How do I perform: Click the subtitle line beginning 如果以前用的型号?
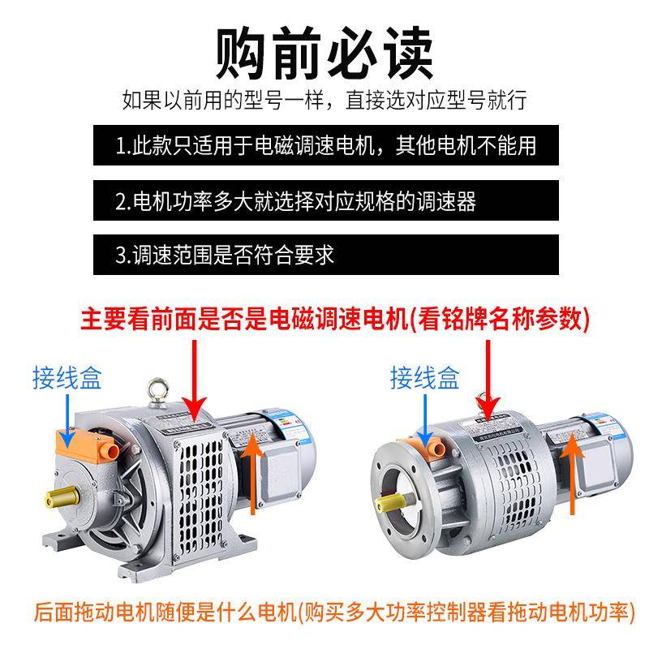[324, 101]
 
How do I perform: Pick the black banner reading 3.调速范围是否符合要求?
[325, 255]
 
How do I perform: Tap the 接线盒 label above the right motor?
[424, 377]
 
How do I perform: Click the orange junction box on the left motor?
[90, 445]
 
